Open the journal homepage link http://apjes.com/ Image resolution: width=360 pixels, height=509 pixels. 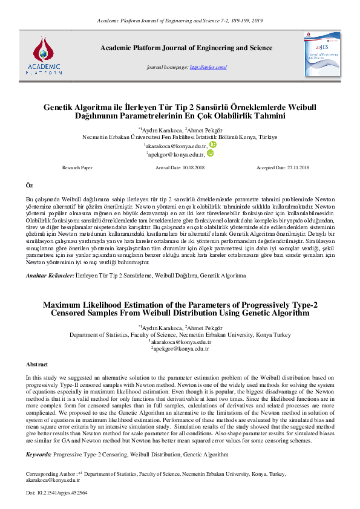click(x=209, y=67)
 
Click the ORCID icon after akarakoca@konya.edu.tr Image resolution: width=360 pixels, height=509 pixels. click(x=213, y=145)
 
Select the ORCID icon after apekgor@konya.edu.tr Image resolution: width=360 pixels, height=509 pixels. click(x=211, y=154)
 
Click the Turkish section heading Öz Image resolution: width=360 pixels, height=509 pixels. click(x=28, y=183)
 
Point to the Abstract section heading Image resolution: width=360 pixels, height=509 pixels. click(x=37, y=365)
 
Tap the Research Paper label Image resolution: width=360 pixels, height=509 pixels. click(x=78, y=167)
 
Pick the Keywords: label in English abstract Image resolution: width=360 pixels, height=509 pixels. click(x=38, y=453)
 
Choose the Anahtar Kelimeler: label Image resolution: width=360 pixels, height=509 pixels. click(x=48, y=275)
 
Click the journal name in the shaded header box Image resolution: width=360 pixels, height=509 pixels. click(x=186, y=47)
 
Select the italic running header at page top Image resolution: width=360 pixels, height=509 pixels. click(x=180, y=21)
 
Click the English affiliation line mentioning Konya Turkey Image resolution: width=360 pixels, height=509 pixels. click(x=180, y=334)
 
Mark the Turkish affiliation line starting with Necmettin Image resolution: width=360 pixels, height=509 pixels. click(x=180, y=137)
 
